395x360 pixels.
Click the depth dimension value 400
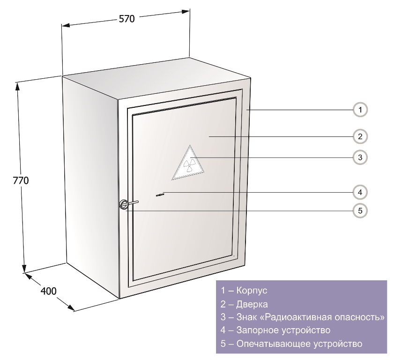[49, 291]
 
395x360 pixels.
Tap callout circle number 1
[360, 110]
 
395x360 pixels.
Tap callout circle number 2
[360, 136]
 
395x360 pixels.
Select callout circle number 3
[360, 157]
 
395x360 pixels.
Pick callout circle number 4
[360, 192]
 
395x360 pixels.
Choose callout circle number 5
[360, 210]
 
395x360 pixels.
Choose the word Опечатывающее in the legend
[268, 344]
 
